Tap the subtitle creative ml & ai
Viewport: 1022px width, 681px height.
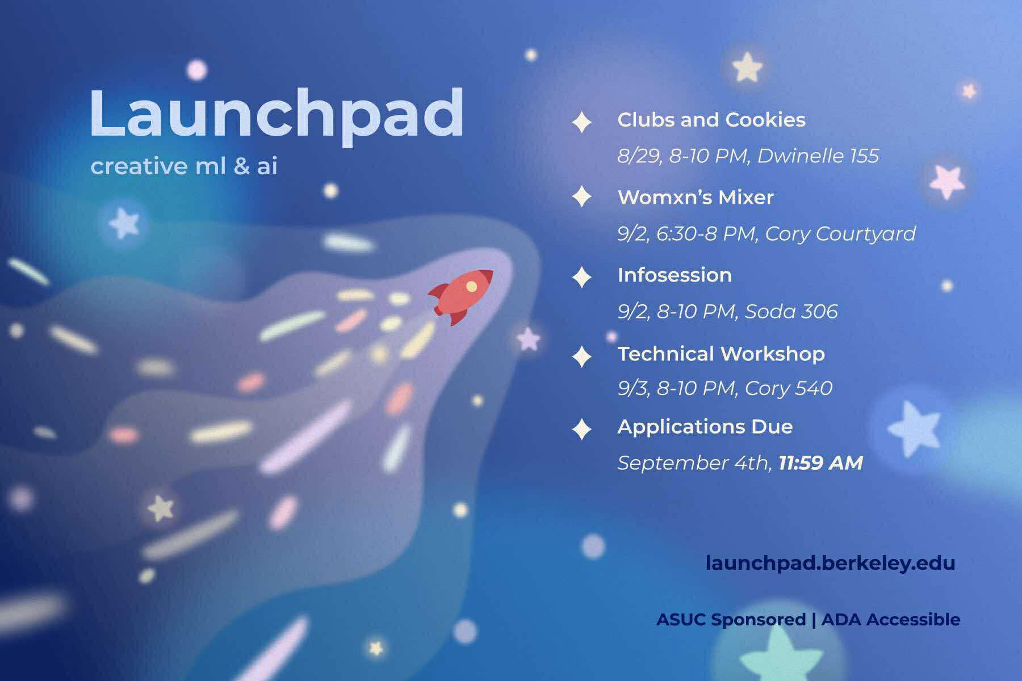(184, 166)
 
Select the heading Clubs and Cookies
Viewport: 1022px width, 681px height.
(711, 120)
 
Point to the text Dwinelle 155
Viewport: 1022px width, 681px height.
(818, 155)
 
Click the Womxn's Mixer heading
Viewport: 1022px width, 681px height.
(696, 197)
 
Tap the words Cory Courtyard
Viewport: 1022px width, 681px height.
(840, 234)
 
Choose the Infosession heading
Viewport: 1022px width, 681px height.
(675, 275)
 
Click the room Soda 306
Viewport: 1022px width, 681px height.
(791, 311)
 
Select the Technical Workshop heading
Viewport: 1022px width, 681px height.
(721, 354)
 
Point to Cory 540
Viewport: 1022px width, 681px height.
(789, 388)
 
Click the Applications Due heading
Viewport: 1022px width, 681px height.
(705, 427)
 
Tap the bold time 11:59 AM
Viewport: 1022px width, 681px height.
(821, 463)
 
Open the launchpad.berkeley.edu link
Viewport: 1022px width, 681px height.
(831, 563)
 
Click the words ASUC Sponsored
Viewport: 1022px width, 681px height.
(731, 619)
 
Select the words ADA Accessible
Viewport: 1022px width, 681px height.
(891, 619)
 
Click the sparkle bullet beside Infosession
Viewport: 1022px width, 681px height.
(581, 277)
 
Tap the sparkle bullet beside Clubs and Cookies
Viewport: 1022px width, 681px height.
(581, 122)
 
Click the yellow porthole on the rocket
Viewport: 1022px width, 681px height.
(471, 287)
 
